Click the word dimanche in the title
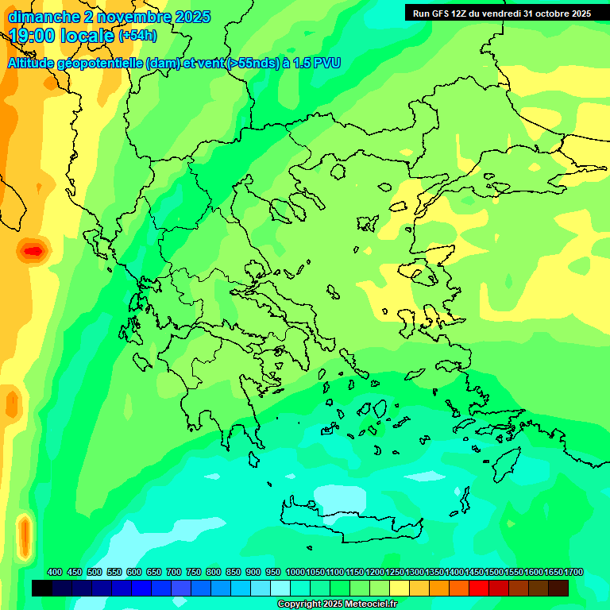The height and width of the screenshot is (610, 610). [39, 17]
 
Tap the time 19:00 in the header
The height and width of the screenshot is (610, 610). [33, 36]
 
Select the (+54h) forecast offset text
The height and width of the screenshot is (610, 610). [137, 36]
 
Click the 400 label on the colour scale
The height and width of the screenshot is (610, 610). [55, 572]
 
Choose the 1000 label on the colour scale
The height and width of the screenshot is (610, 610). [295, 572]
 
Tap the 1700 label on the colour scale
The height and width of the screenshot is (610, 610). [573, 572]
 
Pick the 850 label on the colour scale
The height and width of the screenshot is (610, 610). [233, 572]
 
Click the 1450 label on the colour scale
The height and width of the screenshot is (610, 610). [474, 572]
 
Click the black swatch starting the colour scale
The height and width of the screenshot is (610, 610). [42, 588]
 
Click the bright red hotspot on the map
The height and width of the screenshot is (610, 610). [33, 251]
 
